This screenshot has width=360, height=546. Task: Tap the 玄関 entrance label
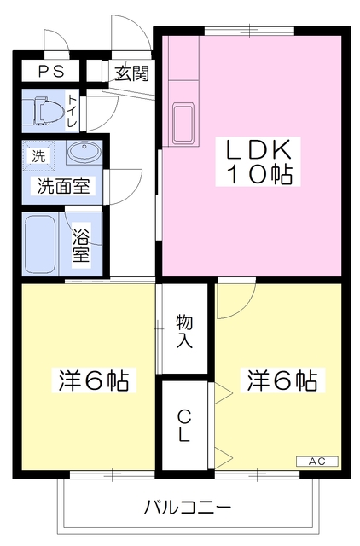tap(131, 73)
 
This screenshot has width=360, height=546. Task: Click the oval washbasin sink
tap(83, 153)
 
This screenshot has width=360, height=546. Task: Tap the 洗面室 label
tap(63, 186)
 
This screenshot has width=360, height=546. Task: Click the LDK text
tap(259, 150)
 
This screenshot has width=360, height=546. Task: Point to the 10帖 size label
tap(259, 176)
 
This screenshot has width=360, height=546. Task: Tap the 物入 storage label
tap(184, 331)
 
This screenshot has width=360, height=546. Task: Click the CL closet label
tap(184, 424)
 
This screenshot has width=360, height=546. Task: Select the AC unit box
tap(316, 462)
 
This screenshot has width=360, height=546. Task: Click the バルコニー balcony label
tap(188, 508)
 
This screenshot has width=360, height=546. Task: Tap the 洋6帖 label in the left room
tap(94, 380)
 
